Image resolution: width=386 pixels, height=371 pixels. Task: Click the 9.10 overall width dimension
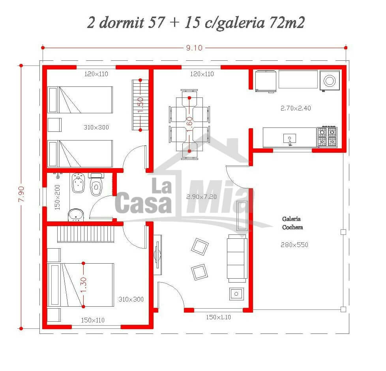(194, 48)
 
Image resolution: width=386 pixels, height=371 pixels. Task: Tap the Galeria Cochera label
(292, 223)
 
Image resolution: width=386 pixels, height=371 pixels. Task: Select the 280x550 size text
(294, 245)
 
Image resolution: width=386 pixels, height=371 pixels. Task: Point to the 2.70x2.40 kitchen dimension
(296, 108)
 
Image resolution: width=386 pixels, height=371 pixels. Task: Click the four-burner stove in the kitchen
(327, 137)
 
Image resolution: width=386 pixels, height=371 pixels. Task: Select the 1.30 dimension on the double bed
(83, 285)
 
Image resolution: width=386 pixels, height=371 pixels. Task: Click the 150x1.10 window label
(218, 317)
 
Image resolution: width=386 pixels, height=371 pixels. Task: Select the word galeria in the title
(241, 23)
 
